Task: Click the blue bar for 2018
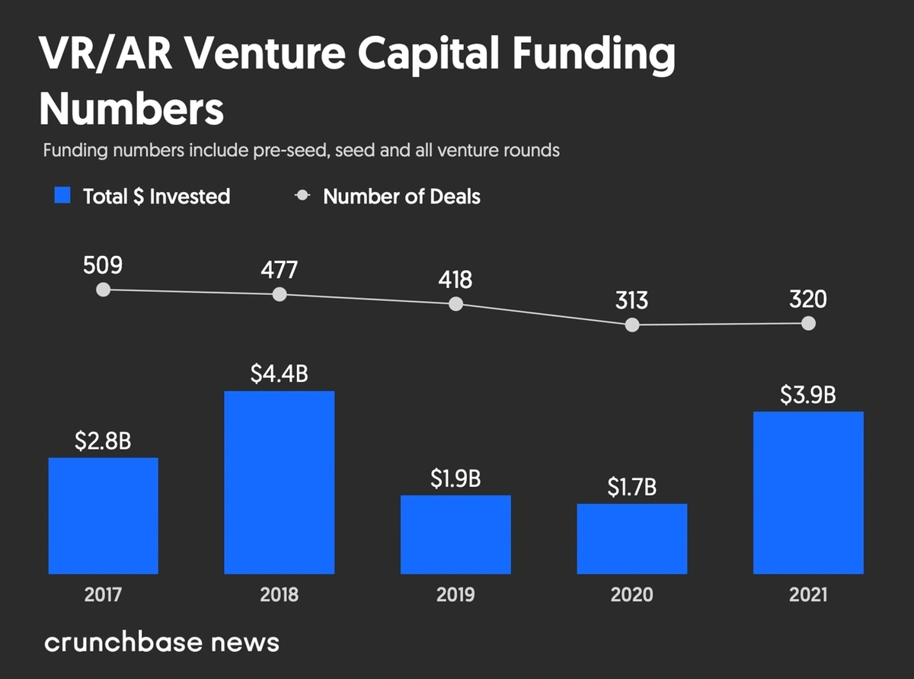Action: (x=279, y=482)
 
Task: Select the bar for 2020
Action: (x=631, y=539)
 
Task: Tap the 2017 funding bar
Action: (x=103, y=516)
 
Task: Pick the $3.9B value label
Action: (x=808, y=396)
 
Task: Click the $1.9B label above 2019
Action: (x=455, y=479)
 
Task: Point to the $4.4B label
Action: (x=279, y=375)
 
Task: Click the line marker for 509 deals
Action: (x=104, y=290)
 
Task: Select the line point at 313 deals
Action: (x=631, y=325)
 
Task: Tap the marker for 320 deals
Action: (x=808, y=323)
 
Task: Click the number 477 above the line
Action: (x=279, y=270)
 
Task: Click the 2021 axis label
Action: (x=808, y=594)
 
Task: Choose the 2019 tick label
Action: (x=455, y=594)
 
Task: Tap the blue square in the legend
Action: (x=63, y=196)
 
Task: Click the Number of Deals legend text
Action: (x=401, y=196)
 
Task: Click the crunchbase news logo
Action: (x=161, y=642)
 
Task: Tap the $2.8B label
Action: (x=103, y=441)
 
